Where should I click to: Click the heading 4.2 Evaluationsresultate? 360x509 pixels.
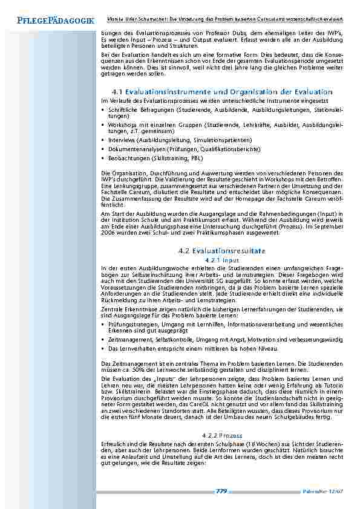pos(222,250)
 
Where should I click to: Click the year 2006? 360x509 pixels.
pos(108,232)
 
